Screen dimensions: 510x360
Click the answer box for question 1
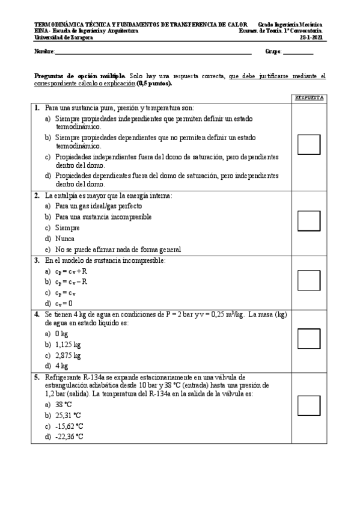[308, 145]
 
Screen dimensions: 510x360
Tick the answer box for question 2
[308, 221]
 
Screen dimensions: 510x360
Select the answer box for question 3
[308, 280]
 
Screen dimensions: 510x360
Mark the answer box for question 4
[308, 338]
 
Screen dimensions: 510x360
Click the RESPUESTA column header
[308, 97]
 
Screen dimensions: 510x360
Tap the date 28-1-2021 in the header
[311, 37]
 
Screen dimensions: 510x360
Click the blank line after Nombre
[153, 53]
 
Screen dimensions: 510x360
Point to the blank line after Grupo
[298, 53]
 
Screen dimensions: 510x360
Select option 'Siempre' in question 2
[67, 228]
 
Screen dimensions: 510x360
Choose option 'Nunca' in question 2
[66, 239]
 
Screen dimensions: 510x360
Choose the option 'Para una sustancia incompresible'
[103, 217]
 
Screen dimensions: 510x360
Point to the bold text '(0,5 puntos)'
[154, 84]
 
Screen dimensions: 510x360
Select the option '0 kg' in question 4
[61, 334]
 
